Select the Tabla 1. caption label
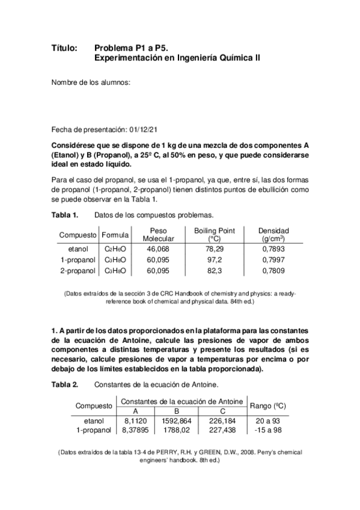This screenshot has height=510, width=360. tap(65, 215)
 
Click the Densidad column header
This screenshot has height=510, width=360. tap(273, 235)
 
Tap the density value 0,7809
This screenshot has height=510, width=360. tap(273, 271)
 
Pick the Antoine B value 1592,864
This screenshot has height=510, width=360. tap(177, 421)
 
